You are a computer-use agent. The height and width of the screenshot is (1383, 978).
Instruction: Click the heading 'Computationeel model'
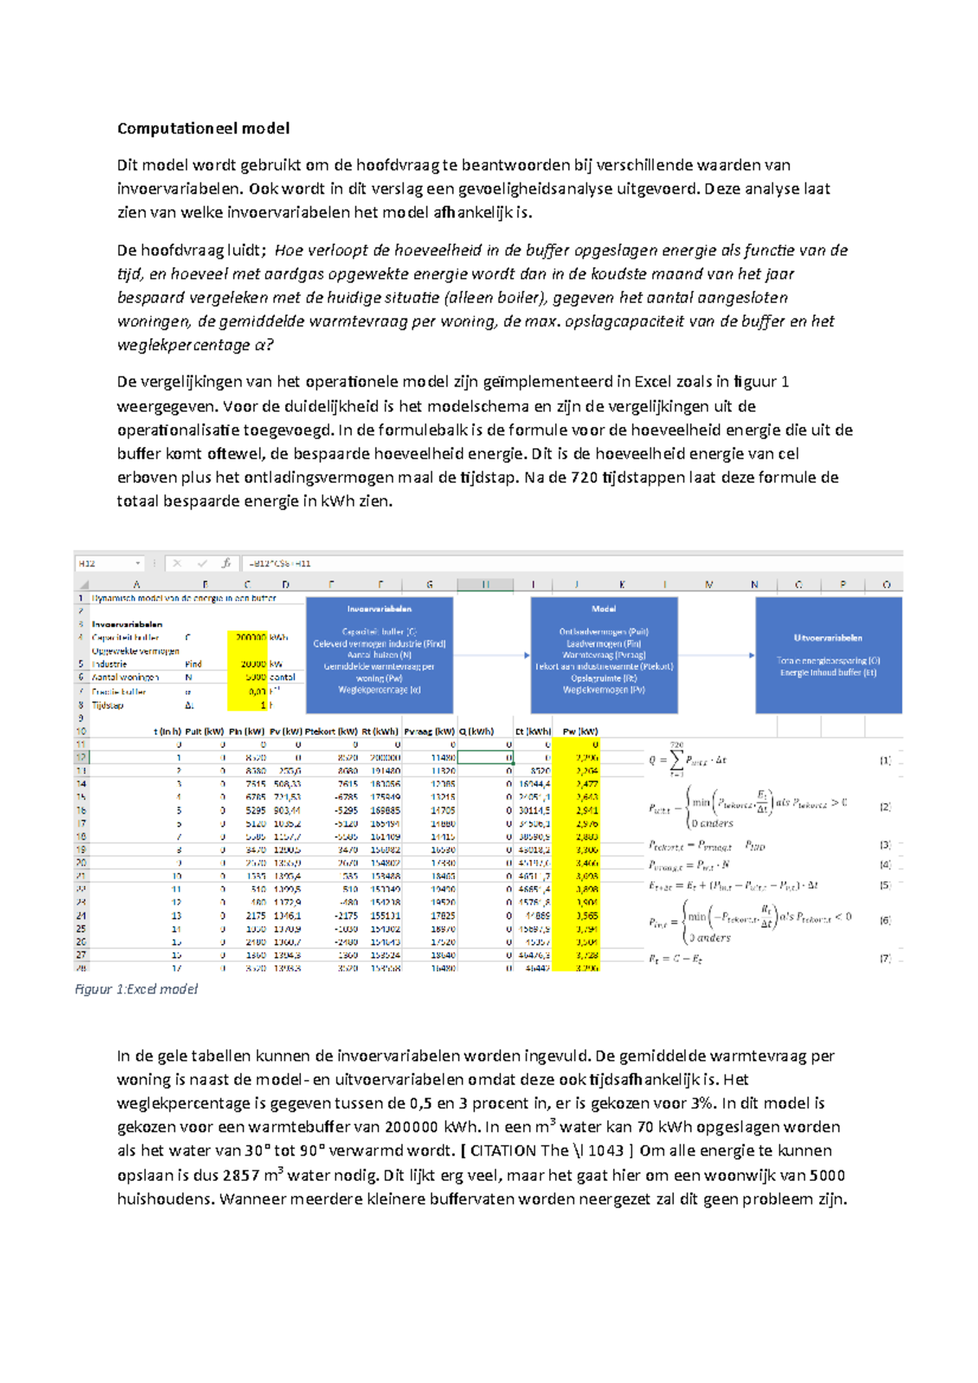(203, 129)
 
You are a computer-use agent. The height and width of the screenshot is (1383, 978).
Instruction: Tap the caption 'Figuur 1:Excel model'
(136, 989)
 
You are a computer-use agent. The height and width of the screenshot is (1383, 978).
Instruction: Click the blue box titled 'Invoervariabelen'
(379, 655)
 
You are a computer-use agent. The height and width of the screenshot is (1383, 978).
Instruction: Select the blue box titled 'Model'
(603, 655)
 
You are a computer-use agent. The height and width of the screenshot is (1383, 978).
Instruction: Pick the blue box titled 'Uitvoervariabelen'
(828, 655)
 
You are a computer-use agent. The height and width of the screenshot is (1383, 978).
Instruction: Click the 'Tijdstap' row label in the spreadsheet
(108, 705)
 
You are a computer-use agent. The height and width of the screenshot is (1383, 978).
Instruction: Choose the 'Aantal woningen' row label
(125, 678)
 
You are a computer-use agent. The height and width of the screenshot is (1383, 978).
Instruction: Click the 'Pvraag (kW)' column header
(430, 731)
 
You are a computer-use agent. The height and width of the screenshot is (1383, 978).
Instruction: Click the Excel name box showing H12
(108, 563)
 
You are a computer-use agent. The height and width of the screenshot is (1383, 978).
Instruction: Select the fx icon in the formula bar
(226, 563)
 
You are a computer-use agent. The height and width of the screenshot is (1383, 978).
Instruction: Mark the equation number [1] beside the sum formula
(885, 760)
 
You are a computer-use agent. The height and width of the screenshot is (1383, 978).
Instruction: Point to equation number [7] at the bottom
(885, 959)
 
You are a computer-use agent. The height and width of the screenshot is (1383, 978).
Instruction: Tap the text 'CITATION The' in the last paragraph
(519, 1151)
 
